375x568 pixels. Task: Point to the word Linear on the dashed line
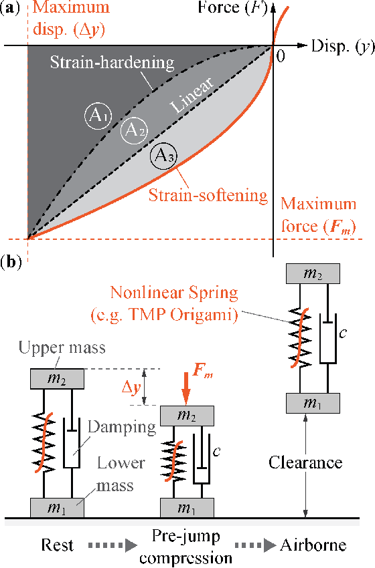point(192,96)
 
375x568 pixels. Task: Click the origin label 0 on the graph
point(281,56)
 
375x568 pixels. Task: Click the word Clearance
point(305,462)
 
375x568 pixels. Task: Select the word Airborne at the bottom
point(314,545)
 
